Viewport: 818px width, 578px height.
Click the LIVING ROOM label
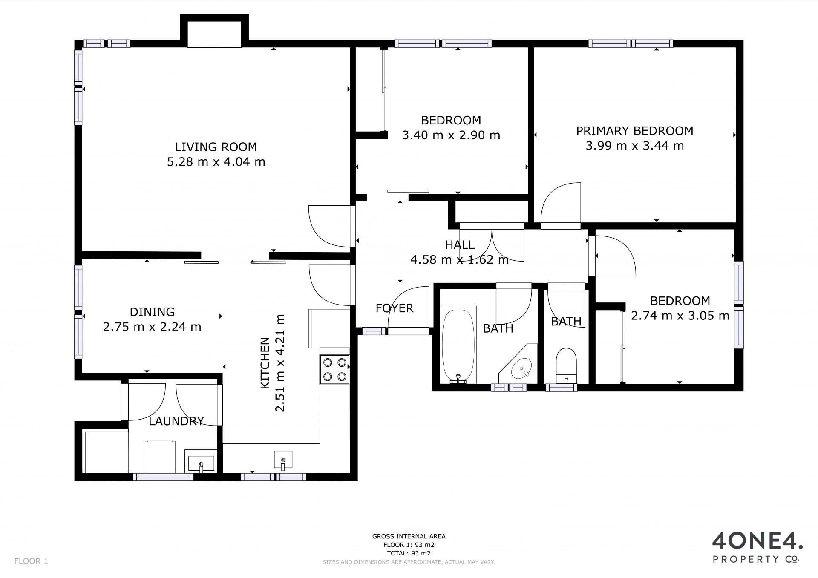pyautogui.click(x=216, y=147)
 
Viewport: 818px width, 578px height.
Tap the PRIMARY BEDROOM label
pyautogui.click(x=635, y=131)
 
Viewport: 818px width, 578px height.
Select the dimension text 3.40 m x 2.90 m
pyautogui.click(x=451, y=135)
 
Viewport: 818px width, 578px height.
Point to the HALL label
pyautogui.click(x=460, y=245)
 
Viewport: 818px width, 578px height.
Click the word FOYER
pyautogui.click(x=395, y=308)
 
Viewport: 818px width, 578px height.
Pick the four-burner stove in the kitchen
pyautogui.click(x=334, y=370)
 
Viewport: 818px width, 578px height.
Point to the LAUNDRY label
pyautogui.click(x=176, y=421)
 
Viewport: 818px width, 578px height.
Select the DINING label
pyautogui.click(x=152, y=312)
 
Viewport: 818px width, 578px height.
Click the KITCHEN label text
pyautogui.click(x=265, y=363)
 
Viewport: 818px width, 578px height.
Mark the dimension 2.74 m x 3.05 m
pyautogui.click(x=680, y=316)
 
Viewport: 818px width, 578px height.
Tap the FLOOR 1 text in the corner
pyautogui.click(x=31, y=561)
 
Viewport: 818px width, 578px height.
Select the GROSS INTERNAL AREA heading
pyautogui.click(x=409, y=537)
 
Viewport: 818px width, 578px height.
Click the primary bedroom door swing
pyautogui.click(x=560, y=203)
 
